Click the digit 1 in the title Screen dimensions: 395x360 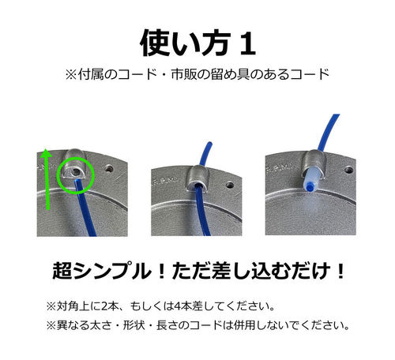click(x=247, y=43)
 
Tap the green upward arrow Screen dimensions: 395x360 click(x=47, y=179)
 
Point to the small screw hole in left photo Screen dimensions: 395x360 click(x=108, y=168)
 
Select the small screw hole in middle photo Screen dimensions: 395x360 click(x=230, y=185)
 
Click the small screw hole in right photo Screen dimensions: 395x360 click(x=349, y=170)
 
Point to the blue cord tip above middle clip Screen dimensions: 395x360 click(x=209, y=144)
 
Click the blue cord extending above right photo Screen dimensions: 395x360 click(x=328, y=133)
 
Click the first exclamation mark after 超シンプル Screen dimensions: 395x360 click(x=162, y=272)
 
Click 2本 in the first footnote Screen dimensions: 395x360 click(x=109, y=306)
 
